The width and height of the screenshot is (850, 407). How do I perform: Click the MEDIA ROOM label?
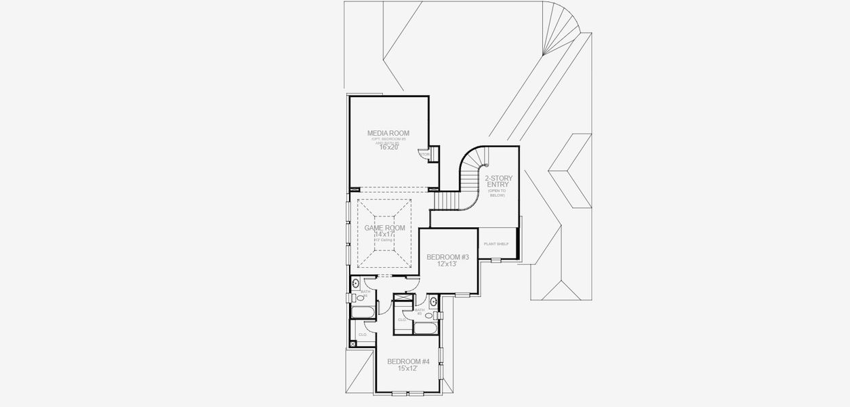tap(388, 133)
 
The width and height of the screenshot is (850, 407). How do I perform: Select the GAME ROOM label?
tap(384, 228)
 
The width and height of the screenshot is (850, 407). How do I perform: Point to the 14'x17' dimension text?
tap(384, 234)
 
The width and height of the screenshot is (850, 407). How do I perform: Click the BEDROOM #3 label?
tap(447, 257)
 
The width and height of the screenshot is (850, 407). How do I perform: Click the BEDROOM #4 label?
tap(408, 362)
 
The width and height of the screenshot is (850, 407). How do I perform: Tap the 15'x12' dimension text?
tap(407, 369)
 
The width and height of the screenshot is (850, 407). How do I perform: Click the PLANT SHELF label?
tap(495, 244)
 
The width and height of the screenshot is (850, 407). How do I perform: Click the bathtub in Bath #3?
tap(426, 328)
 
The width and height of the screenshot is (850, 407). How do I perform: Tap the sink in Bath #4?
tap(357, 284)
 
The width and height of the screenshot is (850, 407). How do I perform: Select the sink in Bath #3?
tap(432, 303)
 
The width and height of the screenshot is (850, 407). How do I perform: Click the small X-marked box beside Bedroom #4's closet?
tap(352, 344)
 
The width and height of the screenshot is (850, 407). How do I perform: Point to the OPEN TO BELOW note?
tap(497, 193)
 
